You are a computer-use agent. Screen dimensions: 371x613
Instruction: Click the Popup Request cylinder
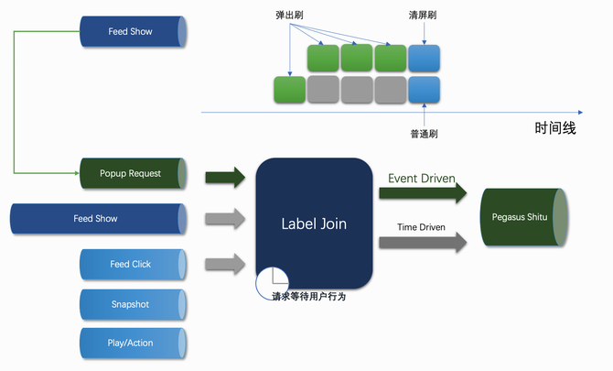(133, 173)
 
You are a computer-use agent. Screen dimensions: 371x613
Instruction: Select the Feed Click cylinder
(133, 264)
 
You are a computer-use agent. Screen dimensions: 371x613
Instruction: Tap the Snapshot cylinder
(133, 303)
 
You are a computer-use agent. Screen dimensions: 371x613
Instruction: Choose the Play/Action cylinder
(133, 343)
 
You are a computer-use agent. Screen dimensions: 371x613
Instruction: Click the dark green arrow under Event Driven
(423, 193)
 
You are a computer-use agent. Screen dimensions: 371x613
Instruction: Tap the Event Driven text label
(422, 178)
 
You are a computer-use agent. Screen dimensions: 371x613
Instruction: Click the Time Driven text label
(422, 226)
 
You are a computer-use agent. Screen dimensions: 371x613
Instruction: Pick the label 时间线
(555, 128)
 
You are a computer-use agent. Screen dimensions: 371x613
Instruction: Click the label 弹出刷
(291, 16)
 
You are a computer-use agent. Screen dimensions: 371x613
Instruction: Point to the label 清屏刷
(424, 16)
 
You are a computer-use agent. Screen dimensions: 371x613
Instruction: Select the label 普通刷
(424, 134)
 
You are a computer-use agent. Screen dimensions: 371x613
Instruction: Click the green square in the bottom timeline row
(290, 90)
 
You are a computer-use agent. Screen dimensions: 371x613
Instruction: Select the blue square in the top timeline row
(424, 58)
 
